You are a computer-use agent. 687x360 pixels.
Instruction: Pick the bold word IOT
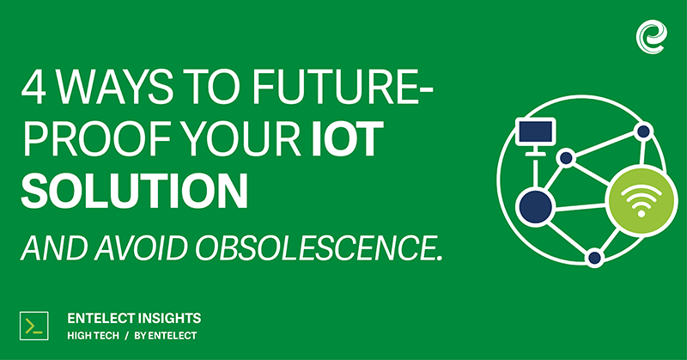tap(348, 139)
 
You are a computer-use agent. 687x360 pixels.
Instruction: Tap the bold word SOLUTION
tap(135, 192)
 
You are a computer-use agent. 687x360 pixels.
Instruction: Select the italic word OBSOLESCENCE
tap(318, 248)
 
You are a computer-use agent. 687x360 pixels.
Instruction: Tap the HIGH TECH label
tap(94, 336)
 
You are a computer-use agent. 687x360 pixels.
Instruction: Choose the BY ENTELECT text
tap(166, 336)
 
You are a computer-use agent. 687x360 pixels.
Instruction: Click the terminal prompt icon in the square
tap(34, 326)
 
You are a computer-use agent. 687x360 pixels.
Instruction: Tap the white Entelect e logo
tap(652, 37)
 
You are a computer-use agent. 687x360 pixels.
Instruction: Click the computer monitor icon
tap(535, 136)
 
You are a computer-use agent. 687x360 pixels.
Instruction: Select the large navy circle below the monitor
tap(535, 207)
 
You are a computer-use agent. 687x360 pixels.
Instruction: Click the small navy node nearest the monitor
tap(567, 157)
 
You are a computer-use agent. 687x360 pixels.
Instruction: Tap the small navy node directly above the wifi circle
tap(643, 131)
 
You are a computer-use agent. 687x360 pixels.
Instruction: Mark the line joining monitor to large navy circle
tap(535, 173)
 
